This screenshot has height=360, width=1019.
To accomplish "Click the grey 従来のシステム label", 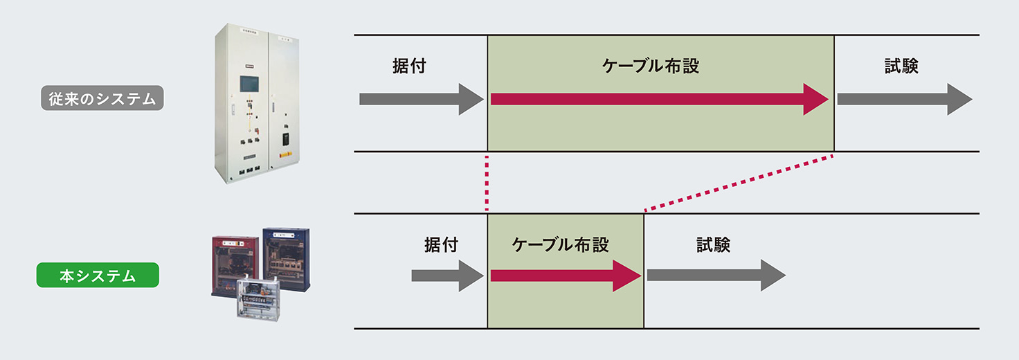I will click(x=102, y=99).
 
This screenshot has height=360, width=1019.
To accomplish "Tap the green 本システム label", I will click(x=98, y=276).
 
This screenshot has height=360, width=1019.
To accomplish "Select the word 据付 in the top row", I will click(x=408, y=66).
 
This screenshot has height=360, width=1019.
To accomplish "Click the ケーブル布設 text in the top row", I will click(x=651, y=66).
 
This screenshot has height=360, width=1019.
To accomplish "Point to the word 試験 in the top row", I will click(x=901, y=66).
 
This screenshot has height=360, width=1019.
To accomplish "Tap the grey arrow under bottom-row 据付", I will click(x=447, y=276).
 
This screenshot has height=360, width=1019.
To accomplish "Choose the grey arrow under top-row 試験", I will click(x=903, y=99).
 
